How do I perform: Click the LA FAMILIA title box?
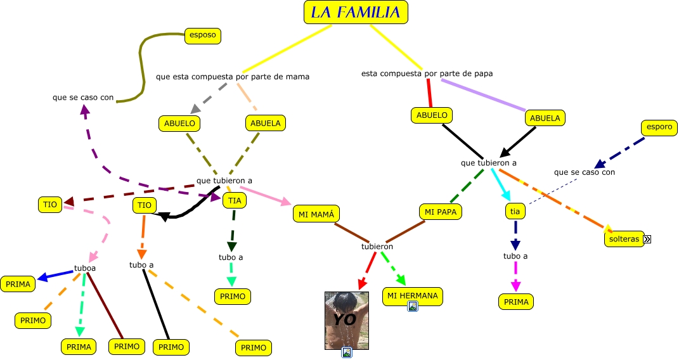(356, 12)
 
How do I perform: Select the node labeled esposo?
(202, 35)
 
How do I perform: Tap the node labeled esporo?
(659, 127)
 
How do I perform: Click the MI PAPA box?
(441, 211)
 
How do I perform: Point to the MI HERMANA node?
(413, 295)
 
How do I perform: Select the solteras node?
(624, 239)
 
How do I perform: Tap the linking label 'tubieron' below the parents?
(377, 247)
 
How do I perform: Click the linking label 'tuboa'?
(85, 267)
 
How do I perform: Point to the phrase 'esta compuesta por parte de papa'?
(427, 74)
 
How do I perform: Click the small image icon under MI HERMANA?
(413, 307)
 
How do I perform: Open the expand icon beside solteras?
(647, 240)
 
